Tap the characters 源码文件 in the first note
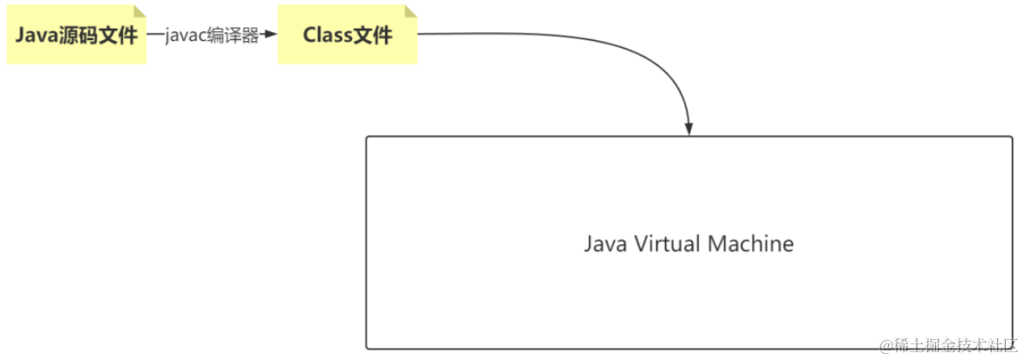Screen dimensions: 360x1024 (x=99, y=36)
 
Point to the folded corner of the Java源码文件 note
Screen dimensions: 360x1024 (x=139, y=12)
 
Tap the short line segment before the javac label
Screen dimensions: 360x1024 (x=155, y=35)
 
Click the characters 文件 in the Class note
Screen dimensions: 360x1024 (x=373, y=36)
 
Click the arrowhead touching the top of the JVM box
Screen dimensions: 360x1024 (x=688, y=128)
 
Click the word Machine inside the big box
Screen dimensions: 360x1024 (x=750, y=243)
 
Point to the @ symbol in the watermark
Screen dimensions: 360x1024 (x=886, y=347)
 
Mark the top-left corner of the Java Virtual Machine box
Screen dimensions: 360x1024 (x=367, y=137)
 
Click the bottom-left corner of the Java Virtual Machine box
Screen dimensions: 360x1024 (x=367, y=348)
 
